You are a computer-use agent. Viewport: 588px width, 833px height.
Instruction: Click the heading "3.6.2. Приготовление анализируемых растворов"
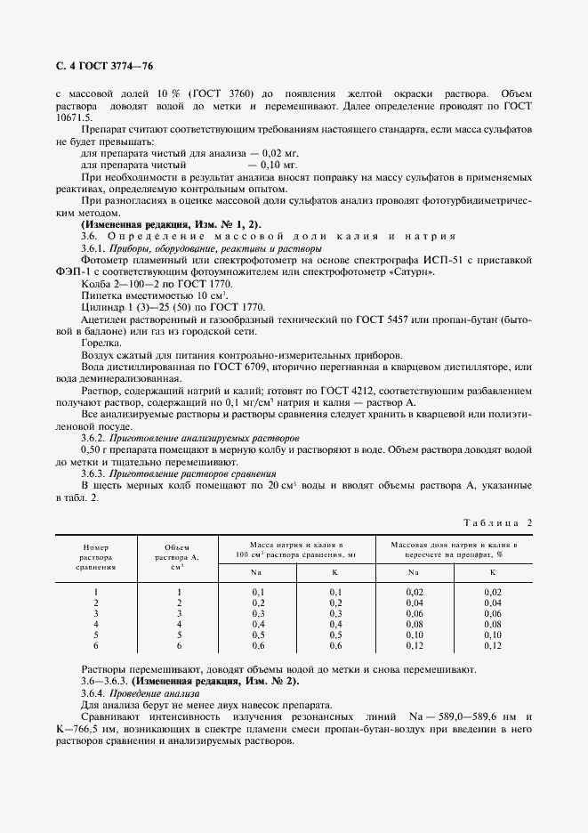pyautogui.click(x=190, y=439)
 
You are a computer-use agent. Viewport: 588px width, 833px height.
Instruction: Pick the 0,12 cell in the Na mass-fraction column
pyautogui.click(x=415, y=645)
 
